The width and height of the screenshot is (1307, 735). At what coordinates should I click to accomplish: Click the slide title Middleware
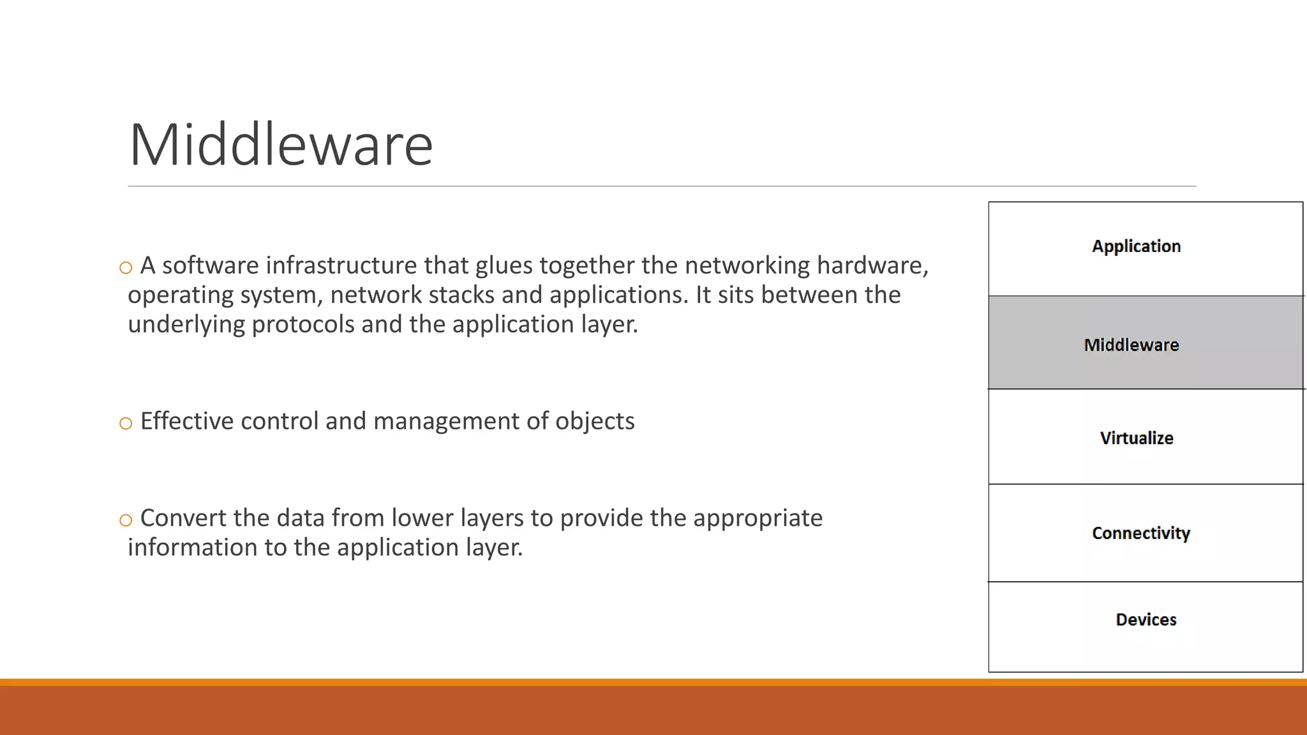[281, 145]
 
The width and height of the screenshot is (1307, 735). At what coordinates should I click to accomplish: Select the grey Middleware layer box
[1145, 343]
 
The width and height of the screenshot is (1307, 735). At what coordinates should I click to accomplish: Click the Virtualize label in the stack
[1137, 438]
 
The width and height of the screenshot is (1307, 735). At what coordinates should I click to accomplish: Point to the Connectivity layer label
[1141, 533]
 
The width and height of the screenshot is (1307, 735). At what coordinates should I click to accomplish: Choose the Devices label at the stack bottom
[1146, 620]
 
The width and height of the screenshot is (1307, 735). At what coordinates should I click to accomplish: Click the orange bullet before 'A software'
[126, 268]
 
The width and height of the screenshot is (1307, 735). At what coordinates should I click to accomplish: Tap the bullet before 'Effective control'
[126, 423]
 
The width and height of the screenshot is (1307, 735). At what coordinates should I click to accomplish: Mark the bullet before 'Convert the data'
[126, 520]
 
